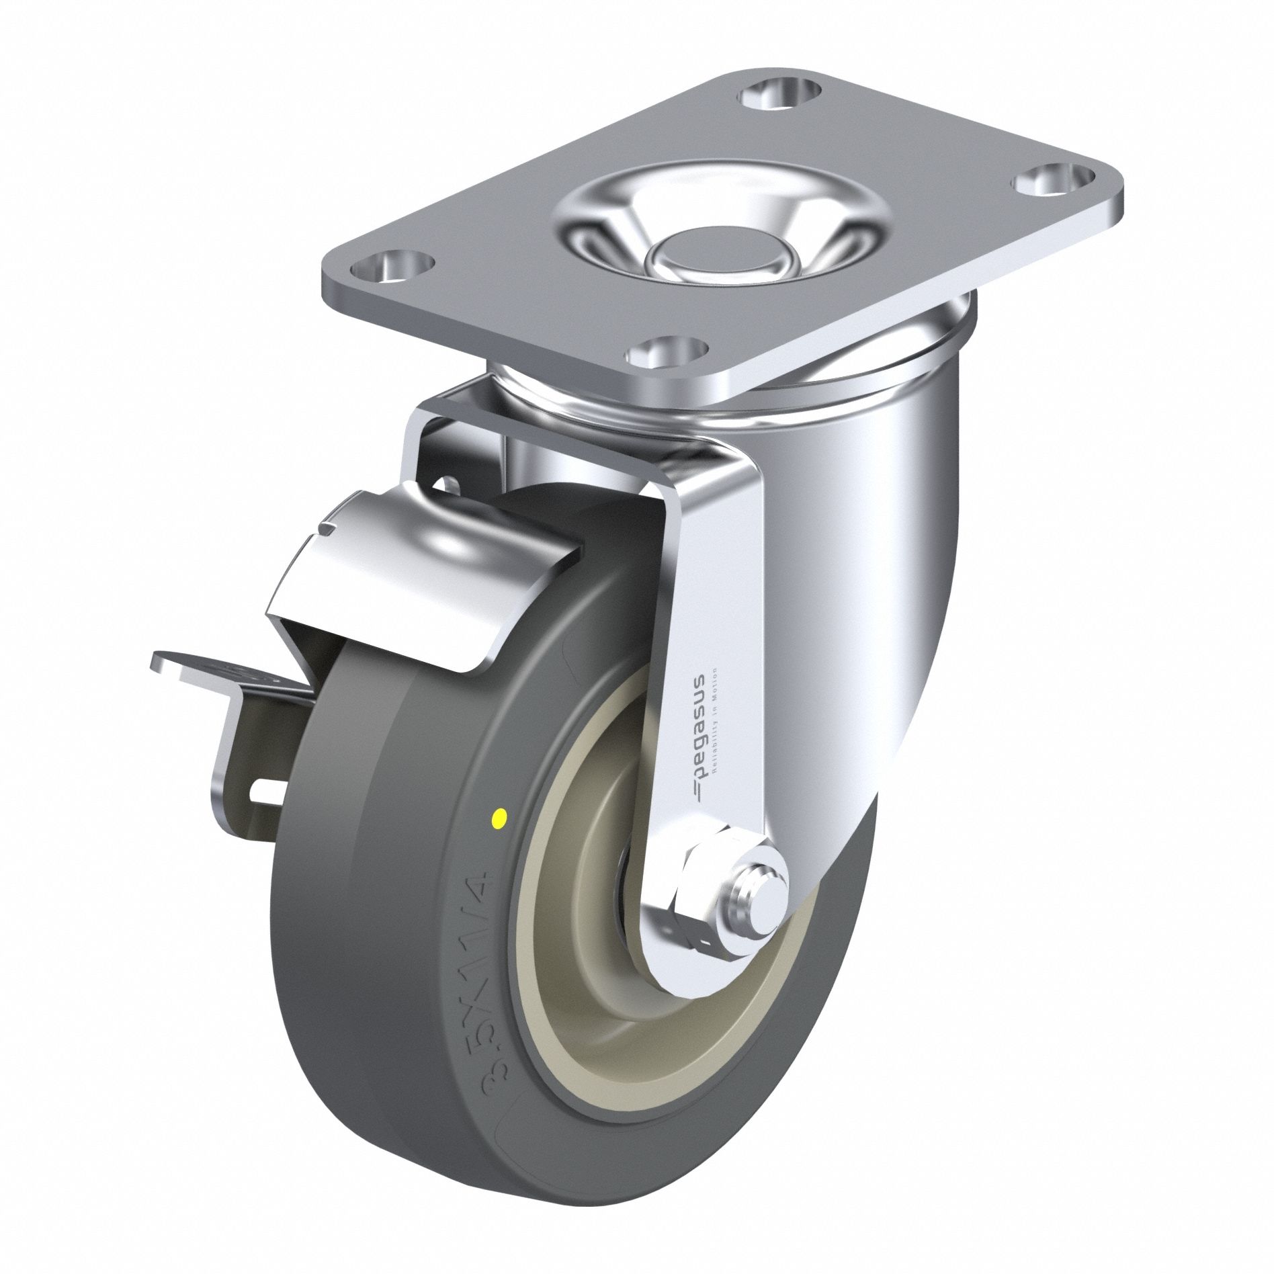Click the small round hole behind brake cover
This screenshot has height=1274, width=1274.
(x=444, y=485)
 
